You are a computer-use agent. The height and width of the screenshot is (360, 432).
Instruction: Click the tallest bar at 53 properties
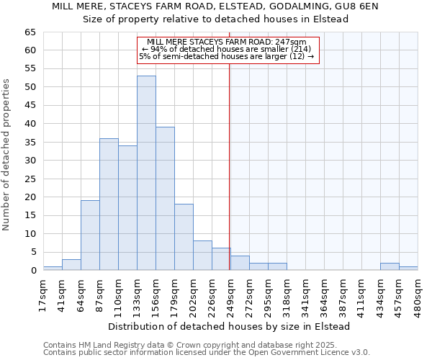(146, 173)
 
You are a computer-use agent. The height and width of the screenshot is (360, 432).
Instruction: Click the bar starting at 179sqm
(184, 237)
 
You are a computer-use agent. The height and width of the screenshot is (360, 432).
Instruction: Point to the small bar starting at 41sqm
(71, 265)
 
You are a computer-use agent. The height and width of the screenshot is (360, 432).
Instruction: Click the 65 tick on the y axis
(30, 32)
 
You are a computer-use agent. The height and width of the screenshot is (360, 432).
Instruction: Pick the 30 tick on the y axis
(30, 161)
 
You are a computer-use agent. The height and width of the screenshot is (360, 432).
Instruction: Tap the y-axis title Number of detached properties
(8, 154)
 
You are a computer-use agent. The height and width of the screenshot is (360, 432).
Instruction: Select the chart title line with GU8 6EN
(216, 6)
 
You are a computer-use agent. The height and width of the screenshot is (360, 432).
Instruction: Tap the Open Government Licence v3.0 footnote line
(206, 353)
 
